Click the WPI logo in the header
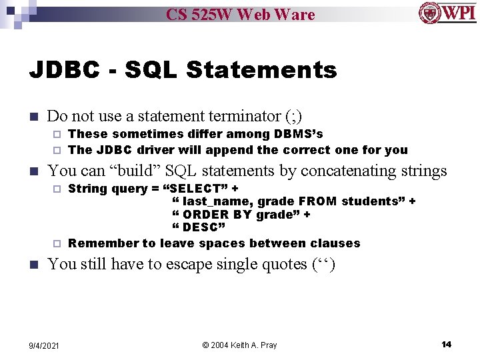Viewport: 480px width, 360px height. point(447,13)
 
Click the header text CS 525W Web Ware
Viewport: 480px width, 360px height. point(240,14)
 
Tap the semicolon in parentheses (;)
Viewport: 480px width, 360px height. point(293,116)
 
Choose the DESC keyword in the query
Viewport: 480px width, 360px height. point(199,227)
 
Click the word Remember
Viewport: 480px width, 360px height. point(102,243)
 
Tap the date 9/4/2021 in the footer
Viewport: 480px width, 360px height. point(44,345)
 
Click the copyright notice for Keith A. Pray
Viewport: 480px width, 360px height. point(239,345)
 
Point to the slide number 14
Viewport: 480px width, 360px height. point(446,344)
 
